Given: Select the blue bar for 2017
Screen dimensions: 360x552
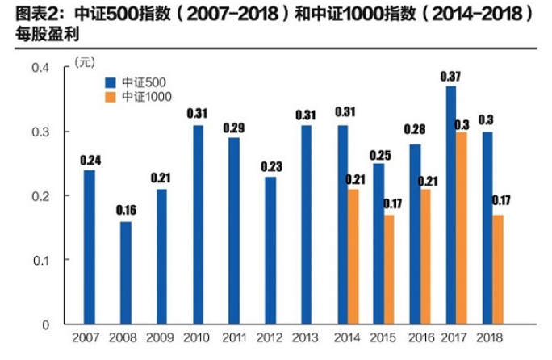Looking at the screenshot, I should point(450,205).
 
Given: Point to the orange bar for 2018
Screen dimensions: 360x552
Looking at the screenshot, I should point(498,270).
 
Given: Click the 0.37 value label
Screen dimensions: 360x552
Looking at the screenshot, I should point(450,76).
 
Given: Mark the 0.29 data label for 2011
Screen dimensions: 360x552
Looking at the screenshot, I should point(234,128).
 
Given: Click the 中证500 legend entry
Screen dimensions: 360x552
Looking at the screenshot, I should point(137,82).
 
